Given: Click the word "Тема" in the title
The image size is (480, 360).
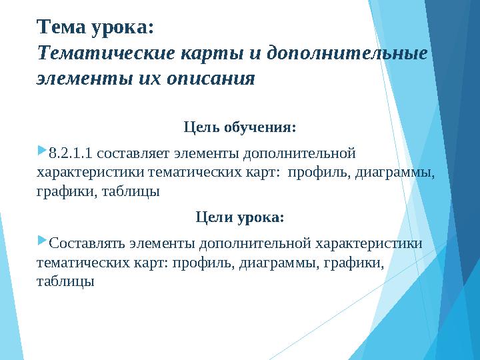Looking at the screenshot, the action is click(61, 27).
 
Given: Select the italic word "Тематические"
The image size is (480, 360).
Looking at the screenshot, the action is click(106, 53).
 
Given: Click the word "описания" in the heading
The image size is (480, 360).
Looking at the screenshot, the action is click(211, 79).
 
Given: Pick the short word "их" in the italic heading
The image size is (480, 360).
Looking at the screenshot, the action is click(149, 79).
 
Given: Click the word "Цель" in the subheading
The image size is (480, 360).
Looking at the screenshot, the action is click(201, 127).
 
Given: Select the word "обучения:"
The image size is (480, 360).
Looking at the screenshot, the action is click(260, 127).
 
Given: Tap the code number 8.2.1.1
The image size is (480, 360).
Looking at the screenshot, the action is click(71, 153).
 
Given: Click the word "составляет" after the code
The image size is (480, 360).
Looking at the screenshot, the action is click(133, 153).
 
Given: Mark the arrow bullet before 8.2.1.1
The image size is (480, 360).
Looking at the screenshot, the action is click(42, 151).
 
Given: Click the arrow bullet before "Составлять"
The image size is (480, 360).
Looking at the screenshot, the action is click(42, 240).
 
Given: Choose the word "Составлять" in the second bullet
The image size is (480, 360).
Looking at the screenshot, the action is click(87, 244).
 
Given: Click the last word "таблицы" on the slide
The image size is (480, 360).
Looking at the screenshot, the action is click(65, 281).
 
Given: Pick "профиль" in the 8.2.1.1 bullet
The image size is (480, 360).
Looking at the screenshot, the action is click(319, 173).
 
